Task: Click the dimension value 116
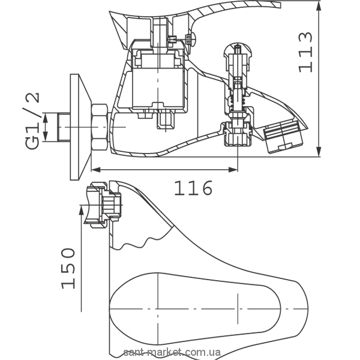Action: (x=194, y=188)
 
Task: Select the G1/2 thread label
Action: (x=34, y=119)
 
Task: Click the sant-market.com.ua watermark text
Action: (x=181, y=354)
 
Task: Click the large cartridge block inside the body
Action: (x=158, y=84)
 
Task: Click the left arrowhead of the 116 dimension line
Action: (x=97, y=170)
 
